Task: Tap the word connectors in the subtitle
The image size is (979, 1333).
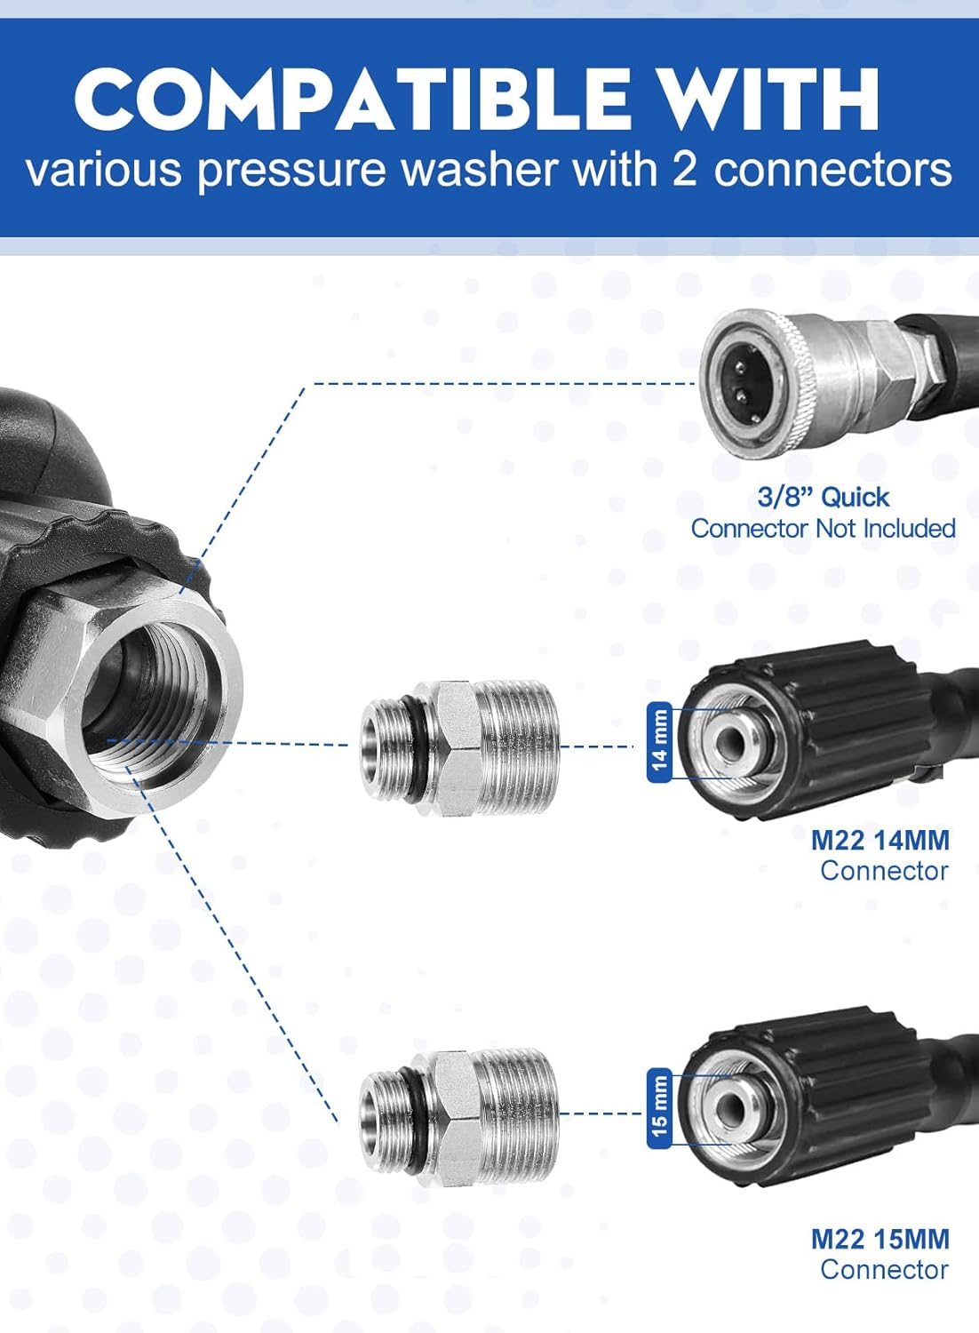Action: [832, 169]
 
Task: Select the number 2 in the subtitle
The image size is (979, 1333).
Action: [684, 169]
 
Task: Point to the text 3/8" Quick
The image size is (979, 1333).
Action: [823, 497]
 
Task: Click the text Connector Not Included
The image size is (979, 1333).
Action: [823, 529]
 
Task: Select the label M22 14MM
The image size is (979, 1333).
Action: [880, 840]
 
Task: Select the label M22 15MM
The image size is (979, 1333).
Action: [880, 1239]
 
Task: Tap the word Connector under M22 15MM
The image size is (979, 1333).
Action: [884, 1270]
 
